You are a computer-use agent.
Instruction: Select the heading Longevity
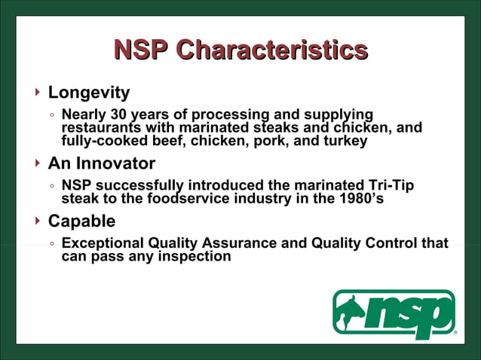click(x=89, y=93)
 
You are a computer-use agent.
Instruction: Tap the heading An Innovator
click(x=102, y=163)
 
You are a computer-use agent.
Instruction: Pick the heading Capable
click(x=81, y=221)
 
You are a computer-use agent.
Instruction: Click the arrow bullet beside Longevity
click(x=38, y=93)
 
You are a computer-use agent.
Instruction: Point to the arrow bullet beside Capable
click(x=38, y=221)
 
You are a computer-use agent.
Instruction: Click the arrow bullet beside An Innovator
click(x=38, y=163)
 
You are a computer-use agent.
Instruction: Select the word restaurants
click(x=99, y=127)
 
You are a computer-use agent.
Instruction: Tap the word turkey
click(x=345, y=140)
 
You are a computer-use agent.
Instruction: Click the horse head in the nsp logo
click(x=351, y=309)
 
